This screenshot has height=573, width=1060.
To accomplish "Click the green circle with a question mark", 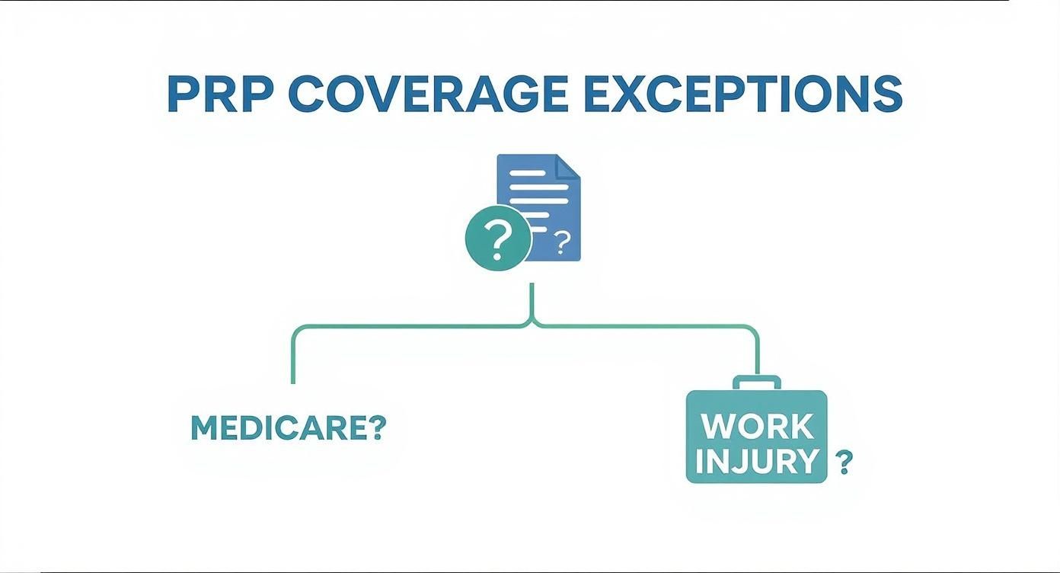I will [x=498, y=238].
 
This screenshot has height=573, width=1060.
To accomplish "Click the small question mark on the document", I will [x=563, y=242].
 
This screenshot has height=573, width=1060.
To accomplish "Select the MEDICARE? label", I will [x=289, y=428].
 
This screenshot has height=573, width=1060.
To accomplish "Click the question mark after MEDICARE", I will [x=376, y=428].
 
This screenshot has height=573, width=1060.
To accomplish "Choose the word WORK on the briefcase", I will [x=757, y=427].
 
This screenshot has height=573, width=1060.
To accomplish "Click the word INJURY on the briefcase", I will [x=757, y=462].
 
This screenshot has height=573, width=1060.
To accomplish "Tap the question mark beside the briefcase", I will [x=843, y=462].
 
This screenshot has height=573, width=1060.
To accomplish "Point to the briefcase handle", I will [x=757, y=383].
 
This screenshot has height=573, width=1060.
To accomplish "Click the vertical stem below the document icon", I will [x=532, y=301].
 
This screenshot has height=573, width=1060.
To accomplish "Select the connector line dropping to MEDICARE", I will [x=293, y=358].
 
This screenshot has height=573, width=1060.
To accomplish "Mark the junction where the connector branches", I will [x=532, y=325].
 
